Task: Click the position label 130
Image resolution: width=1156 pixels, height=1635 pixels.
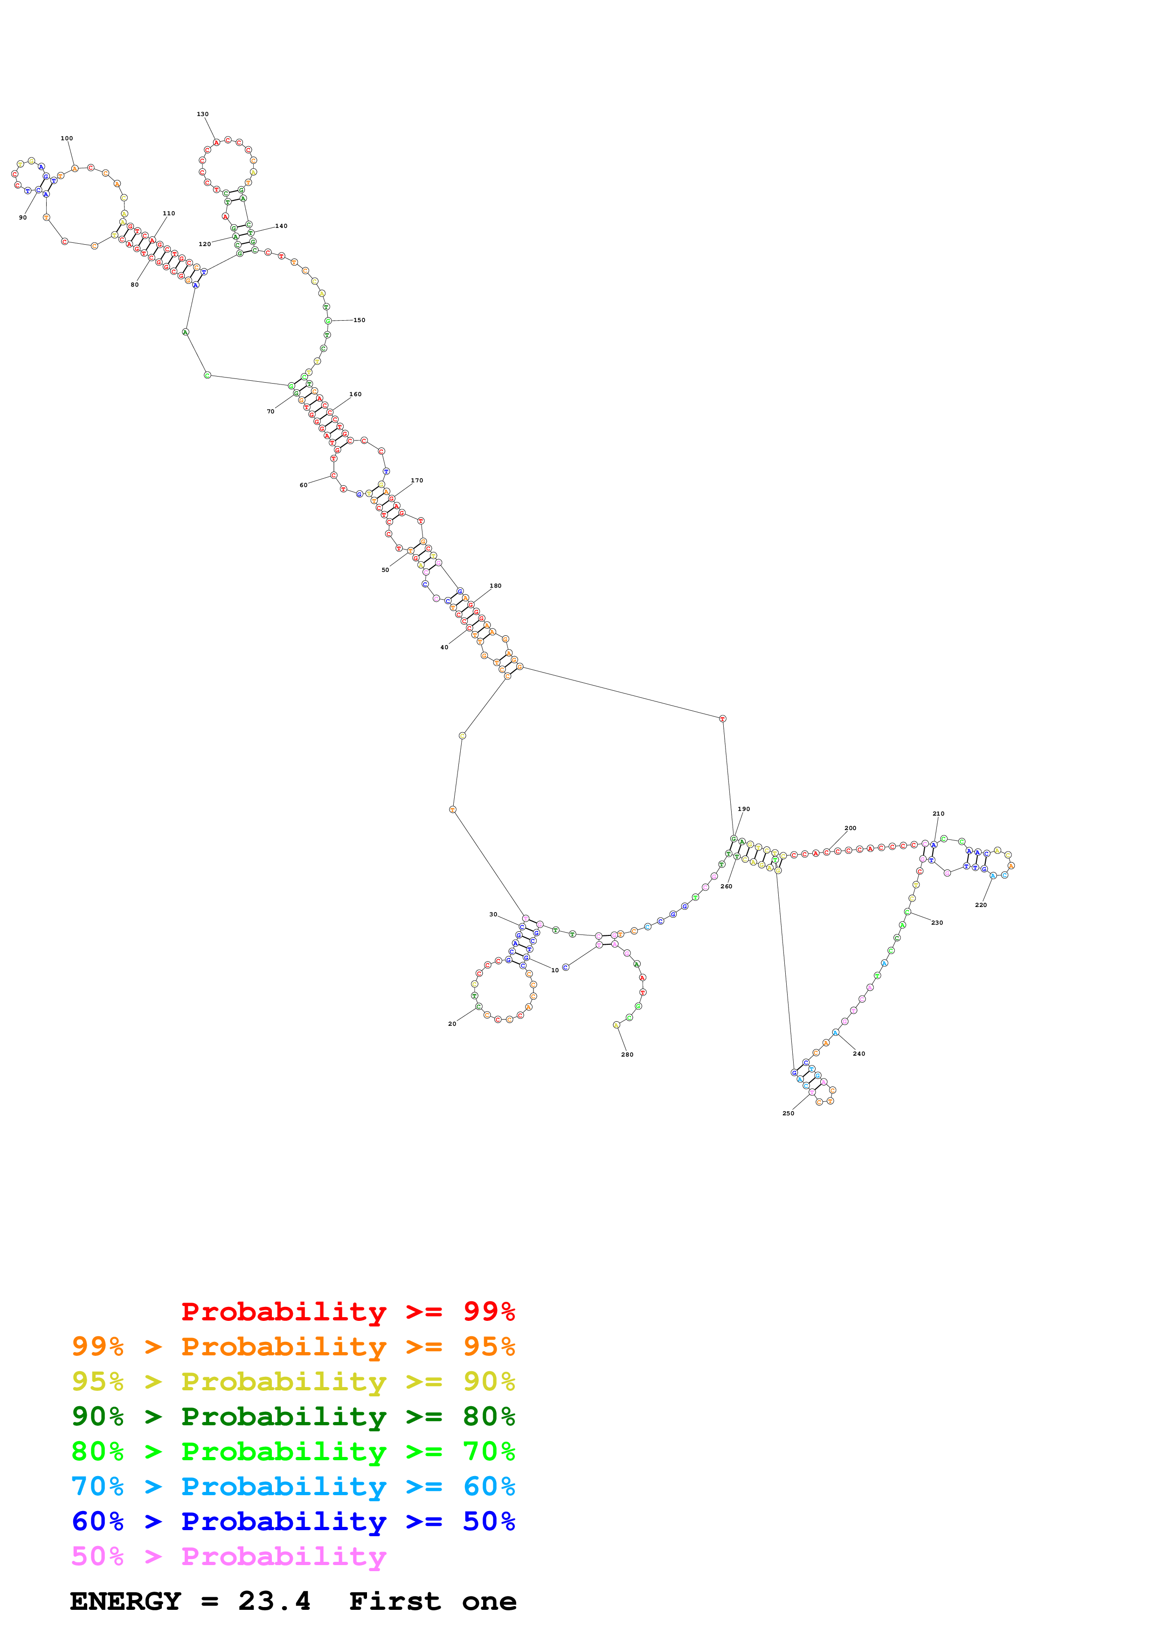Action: click(203, 114)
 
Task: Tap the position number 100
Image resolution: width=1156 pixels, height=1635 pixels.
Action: click(67, 138)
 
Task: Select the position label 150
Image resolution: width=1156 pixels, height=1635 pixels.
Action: click(359, 321)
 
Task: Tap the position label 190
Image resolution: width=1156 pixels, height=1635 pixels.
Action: click(744, 809)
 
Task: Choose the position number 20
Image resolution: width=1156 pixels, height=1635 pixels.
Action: click(452, 1024)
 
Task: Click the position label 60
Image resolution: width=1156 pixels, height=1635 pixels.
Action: click(304, 485)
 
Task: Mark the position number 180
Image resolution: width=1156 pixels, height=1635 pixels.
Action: click(496, 586)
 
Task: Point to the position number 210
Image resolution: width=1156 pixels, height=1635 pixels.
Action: click(939, 813)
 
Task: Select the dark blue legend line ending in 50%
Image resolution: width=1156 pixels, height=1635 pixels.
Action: click(293, 1521)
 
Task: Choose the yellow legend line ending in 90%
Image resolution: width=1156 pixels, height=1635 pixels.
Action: click(293, 1381)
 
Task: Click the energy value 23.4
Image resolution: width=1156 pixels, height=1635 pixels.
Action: click(274, 1601)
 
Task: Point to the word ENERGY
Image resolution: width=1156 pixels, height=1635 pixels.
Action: click(125, 1601)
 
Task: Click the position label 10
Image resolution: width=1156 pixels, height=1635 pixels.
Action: click(555, 970)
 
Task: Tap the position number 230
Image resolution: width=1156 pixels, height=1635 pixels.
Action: click(937, 922)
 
